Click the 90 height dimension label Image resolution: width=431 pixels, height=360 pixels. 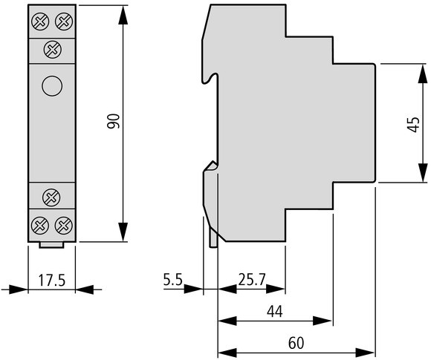(x=114, y=121)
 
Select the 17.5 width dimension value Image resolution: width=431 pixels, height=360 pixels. (x=52, y=281)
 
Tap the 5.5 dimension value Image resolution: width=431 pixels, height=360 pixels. (x=173, y=280)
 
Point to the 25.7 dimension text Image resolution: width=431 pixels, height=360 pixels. (x=252, y=280)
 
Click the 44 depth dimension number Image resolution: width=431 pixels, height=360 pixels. (x=275, y=312)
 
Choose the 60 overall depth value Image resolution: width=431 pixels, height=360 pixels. (x=296, y=343)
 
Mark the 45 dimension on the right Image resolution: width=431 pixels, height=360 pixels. (x=413, y=125)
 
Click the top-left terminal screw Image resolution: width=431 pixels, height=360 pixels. (x=40, y=22)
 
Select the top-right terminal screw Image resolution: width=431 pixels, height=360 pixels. (x=64, y=22)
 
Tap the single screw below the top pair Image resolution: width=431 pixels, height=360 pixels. (x=53, y=50)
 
